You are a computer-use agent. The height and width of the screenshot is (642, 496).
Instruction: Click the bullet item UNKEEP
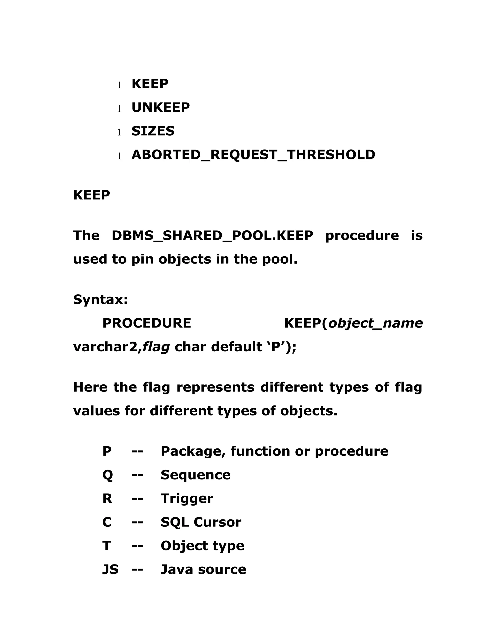click(160, 108)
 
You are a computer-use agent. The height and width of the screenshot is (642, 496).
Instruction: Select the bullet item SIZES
click(153, 131)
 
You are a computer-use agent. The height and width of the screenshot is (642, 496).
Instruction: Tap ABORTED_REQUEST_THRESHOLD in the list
click(253, 155)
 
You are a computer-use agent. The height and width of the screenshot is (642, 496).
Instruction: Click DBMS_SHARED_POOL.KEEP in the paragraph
click(212, 236)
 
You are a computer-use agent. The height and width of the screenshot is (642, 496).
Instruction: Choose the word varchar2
click(105, 347)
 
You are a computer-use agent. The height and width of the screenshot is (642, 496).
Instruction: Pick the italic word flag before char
click(156, 347)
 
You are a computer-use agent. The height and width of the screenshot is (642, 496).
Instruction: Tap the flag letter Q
click(108, 475)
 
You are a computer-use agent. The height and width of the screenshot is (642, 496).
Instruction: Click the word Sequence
click(195, 475)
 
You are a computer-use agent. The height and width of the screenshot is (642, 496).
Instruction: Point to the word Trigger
click(187, 499)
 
